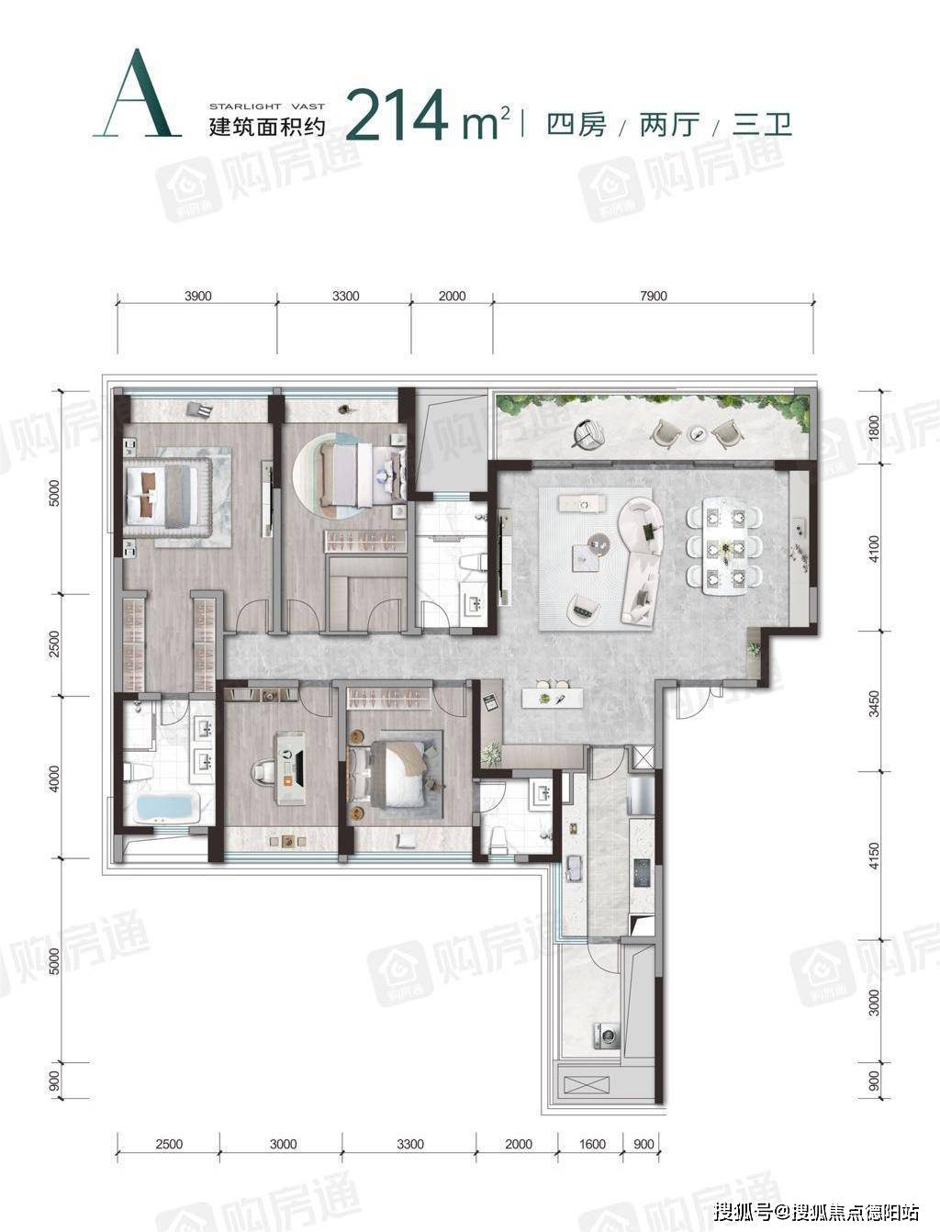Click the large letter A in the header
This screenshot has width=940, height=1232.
click(x=138, y=94)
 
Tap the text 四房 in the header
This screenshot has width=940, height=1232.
click(x=576, y=124)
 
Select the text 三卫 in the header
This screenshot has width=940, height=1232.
click(x=762, y=124)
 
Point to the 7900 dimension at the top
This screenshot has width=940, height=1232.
click(x=654, y=296)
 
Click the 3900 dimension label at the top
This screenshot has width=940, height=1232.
click(x=197, y=296)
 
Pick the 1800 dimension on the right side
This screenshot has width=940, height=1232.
click(x=874, y=428)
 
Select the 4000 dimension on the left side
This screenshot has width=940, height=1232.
click(x=54, y=778)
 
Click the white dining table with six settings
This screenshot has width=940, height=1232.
click(x=725, y=544)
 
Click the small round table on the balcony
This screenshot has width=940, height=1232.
click(x=698, y=432)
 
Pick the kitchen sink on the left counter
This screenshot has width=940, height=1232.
click(x=573, y=868)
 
